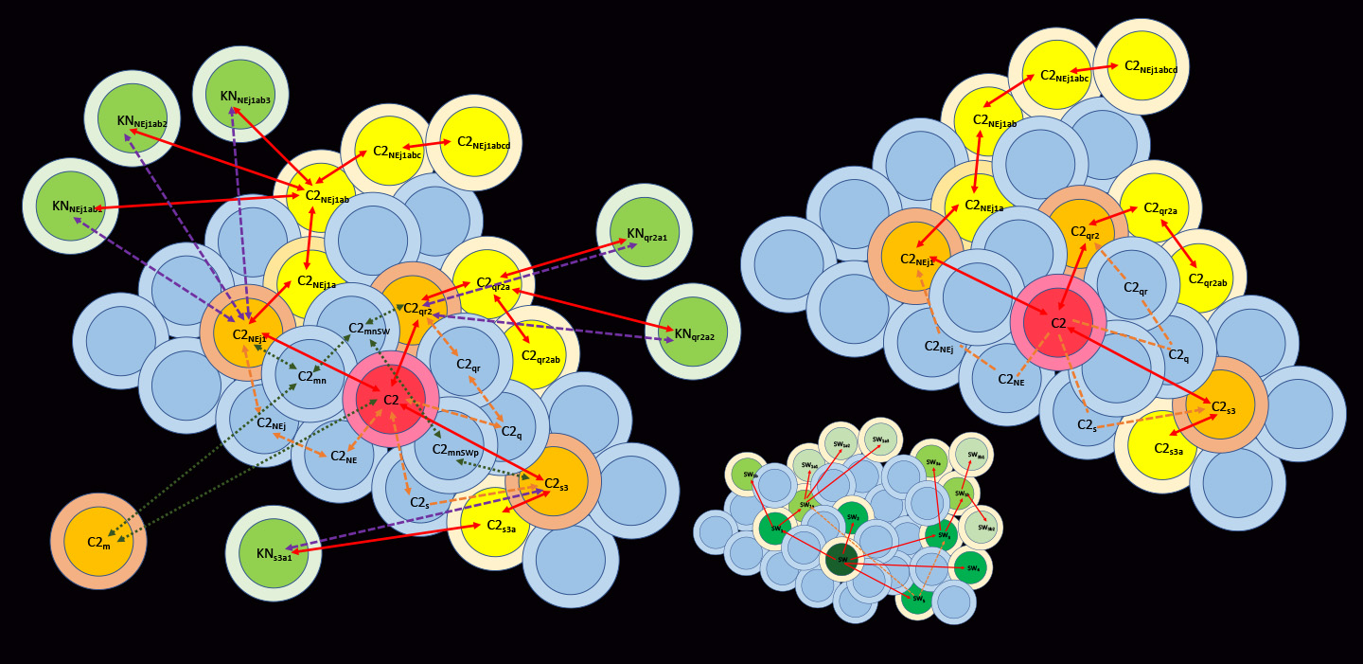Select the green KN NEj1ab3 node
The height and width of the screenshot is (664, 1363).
[x=240, y=94]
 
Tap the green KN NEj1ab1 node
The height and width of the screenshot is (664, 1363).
[x=70, y=206]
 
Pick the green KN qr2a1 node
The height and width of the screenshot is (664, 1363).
[x=645, y=232]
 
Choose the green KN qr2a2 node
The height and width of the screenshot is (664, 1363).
[x=693, y=332]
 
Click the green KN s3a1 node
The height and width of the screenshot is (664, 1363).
[x=274, y=553]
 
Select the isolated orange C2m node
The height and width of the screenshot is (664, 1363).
[x=98, y=541]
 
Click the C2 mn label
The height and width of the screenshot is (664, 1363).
[x=311, y=376]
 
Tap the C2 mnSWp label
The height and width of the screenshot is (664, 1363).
[x=455, y=450]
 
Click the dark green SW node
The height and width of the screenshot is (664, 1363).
[x=841, y=559]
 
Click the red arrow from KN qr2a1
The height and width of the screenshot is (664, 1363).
[x=568, y=259]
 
